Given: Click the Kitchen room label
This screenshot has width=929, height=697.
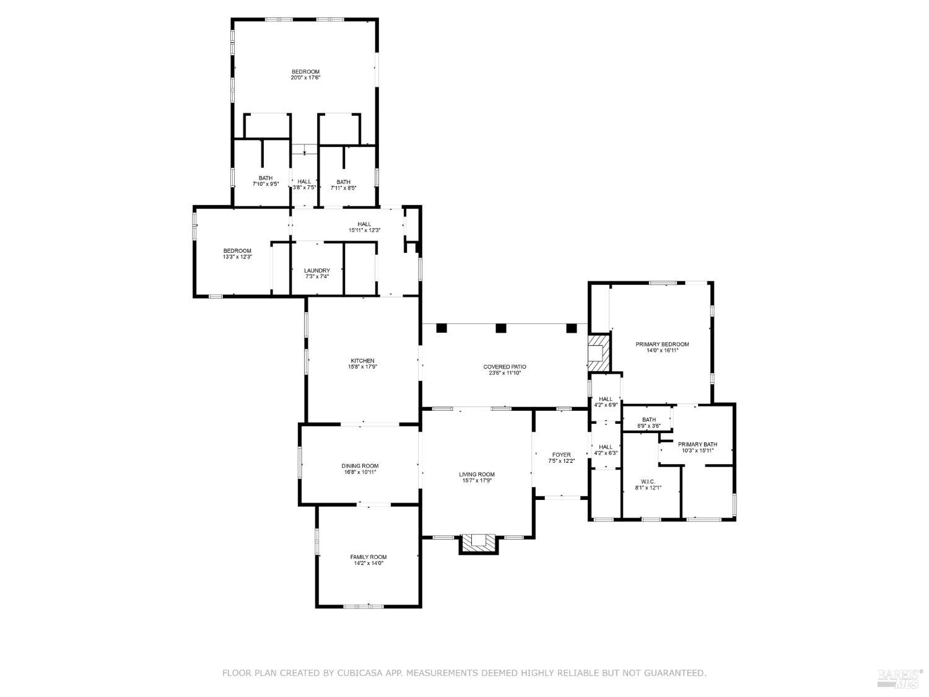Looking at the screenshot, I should (362, 361).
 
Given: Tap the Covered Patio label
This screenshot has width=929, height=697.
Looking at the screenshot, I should (505, 367).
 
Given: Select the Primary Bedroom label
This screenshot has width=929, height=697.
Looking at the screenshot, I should (662, 344).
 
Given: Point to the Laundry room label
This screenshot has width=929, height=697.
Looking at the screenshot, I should (316, 271).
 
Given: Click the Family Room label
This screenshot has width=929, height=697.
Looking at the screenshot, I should (368, 557).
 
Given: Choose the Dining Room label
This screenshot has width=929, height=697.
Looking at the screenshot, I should (360, 466).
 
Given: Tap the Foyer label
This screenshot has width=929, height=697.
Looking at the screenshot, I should (562, 455).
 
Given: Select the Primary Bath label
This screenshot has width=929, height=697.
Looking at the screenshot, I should (697, 444).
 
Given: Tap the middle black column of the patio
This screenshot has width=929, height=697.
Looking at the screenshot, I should (501, 328).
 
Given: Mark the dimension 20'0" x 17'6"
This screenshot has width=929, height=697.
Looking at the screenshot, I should (305, 77).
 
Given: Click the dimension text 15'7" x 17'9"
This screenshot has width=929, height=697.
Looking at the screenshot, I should (477, 481).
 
